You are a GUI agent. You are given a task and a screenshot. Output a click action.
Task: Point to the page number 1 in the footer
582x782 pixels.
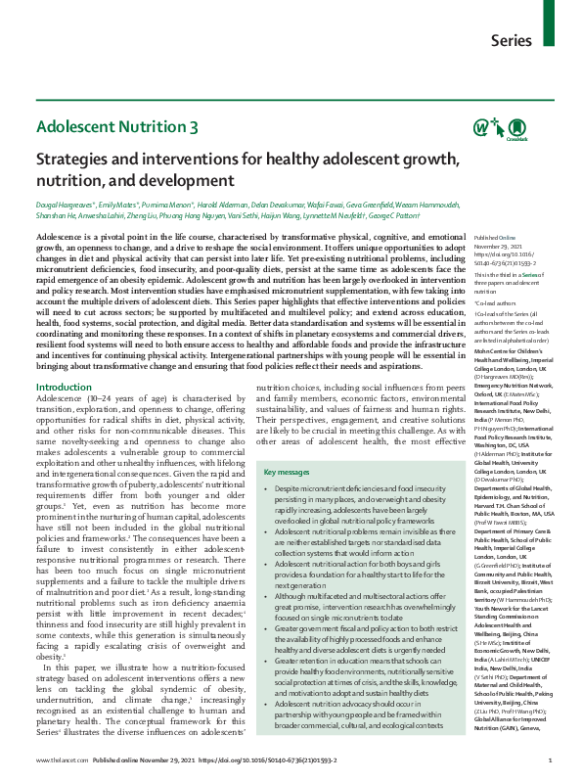tap(551, 760)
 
